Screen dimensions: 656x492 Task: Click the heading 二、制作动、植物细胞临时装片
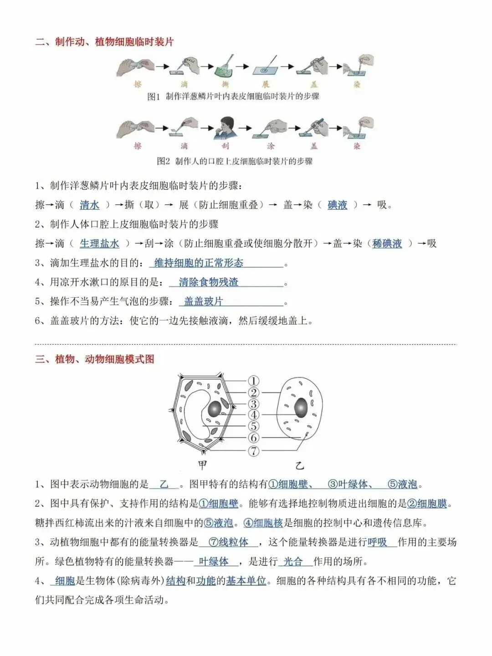(x=104, y=42)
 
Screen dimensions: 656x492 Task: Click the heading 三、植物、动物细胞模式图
(x=95, y=359)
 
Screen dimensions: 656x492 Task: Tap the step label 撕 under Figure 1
(x=224, y=84)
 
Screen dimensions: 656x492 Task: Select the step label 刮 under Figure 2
(x=225, y=146)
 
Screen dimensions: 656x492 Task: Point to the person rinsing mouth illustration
(x=224, y=128)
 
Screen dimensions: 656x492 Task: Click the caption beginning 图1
(x=233, y=97)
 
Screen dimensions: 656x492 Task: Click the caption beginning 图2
(x=235, y=161)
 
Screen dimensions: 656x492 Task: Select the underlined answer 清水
(x=89, y=205)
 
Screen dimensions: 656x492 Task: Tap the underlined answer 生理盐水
(x=99, y=243)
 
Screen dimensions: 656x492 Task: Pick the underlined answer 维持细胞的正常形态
(x=199, y=263)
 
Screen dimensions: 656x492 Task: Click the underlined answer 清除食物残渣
(x=208, y=282)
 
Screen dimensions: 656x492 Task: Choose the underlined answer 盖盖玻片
(x=203, y=301)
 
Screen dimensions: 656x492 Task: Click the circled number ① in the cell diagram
(x=254, y=381)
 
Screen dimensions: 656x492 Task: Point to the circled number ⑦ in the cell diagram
(x=254, y=451)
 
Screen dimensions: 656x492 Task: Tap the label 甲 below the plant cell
(x=202, y=465)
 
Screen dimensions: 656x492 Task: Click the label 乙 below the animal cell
(x=299, y=465)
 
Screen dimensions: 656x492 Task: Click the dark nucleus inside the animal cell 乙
(x=301, y=408)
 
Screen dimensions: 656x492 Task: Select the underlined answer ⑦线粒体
(x=228, y=542)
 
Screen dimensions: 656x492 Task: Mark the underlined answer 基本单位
(x=246, y=581)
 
